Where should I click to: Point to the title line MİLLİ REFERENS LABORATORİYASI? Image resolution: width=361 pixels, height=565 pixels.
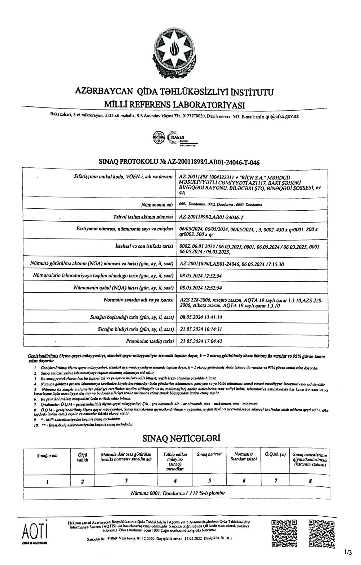(174, 105)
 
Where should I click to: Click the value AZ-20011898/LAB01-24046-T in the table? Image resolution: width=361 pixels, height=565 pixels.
(212, 217)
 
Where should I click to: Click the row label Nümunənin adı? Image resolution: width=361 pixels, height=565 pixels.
(158, 205)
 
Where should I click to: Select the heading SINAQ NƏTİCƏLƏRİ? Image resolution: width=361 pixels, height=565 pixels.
(177, 438)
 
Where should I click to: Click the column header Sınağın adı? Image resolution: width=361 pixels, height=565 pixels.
(47, 456)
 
